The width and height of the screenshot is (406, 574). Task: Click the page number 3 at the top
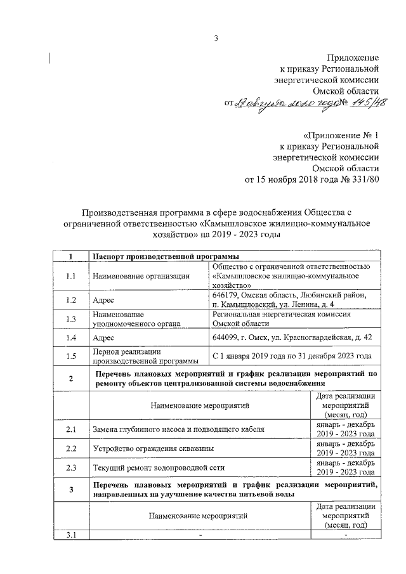[216, 39]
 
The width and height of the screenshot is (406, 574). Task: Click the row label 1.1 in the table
[70, 276]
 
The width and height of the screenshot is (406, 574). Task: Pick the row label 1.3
[70, 319]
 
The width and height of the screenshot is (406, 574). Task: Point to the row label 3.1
[70, 536]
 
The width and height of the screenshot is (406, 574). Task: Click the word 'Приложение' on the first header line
[353, 58]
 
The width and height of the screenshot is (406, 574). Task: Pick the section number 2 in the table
[70, 379]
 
